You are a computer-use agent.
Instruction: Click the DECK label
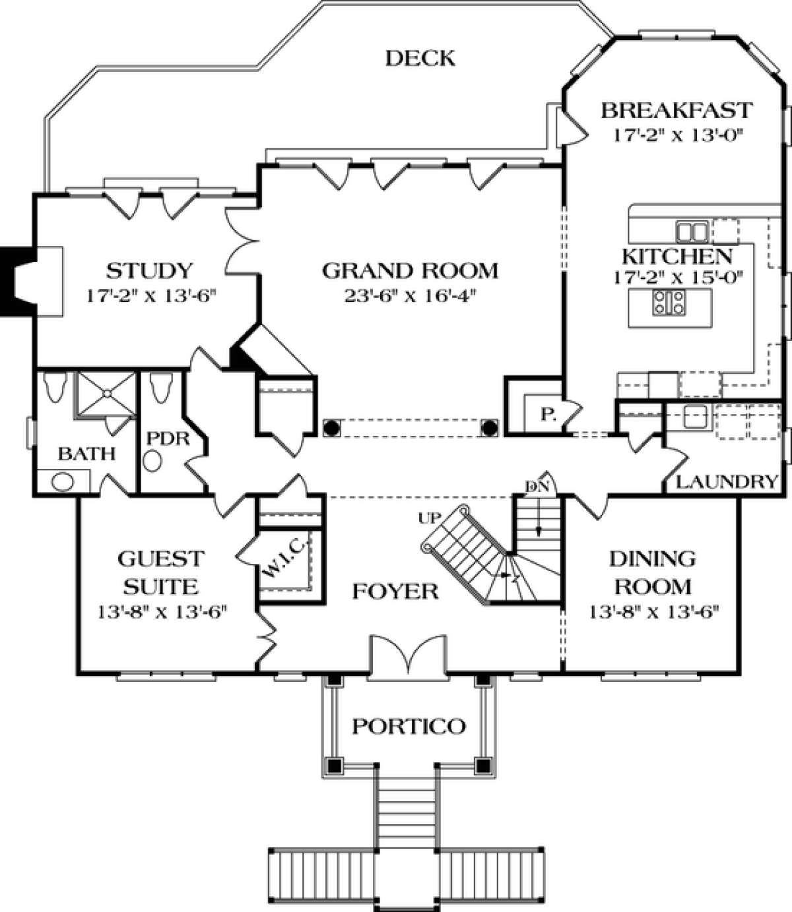pyautogui.click(x=420, y=59)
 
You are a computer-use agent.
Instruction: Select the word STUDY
pyautogui.click(x=149, y=270)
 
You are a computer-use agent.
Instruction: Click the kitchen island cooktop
pyautogui.click(x=669, y=303)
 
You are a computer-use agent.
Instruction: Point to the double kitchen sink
pyautogui.click(x=692, y=231)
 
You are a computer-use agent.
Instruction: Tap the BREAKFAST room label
pyautogui.click(x=677, y=111)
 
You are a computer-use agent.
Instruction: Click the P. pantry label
pyautogui.click(x=548, y=415)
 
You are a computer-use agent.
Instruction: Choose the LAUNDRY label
pyautogui.click(x=727, y=482)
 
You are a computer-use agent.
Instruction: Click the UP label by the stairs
pyautogui.click(x=430, y=518)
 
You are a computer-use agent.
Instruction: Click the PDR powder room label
pyautogui.click(x=168, y=439)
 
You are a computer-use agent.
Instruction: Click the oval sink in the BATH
pyautogui.click(x=63, y=481)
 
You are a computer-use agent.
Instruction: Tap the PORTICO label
pyautogui.click(x=409, y=727)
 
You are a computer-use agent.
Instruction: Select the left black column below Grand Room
pyautogui.click(x=331, y=428)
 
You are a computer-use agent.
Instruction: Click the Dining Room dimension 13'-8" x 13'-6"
pyautogui.click(x=654, y=613)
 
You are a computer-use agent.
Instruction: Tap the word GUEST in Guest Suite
pyautogui.click(x=161, y=559)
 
